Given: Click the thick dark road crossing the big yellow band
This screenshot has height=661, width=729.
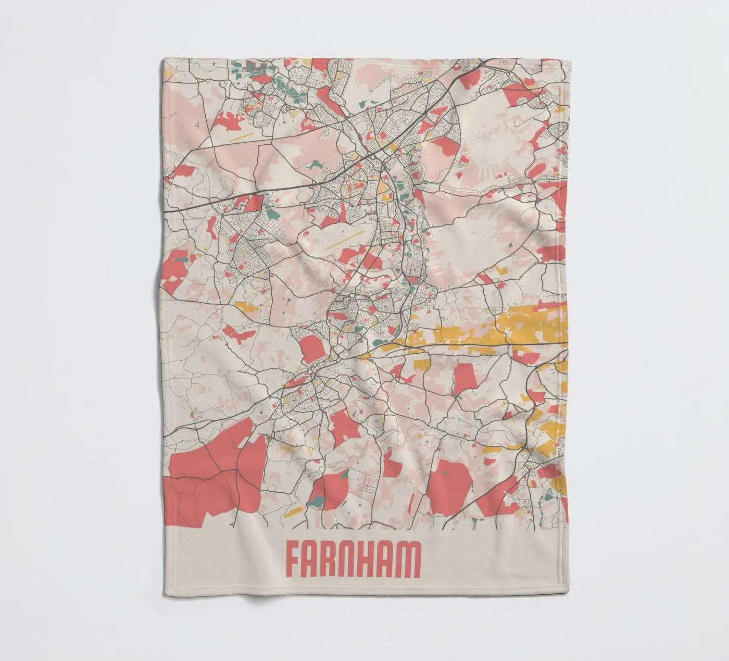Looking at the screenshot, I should click(469, 343).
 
